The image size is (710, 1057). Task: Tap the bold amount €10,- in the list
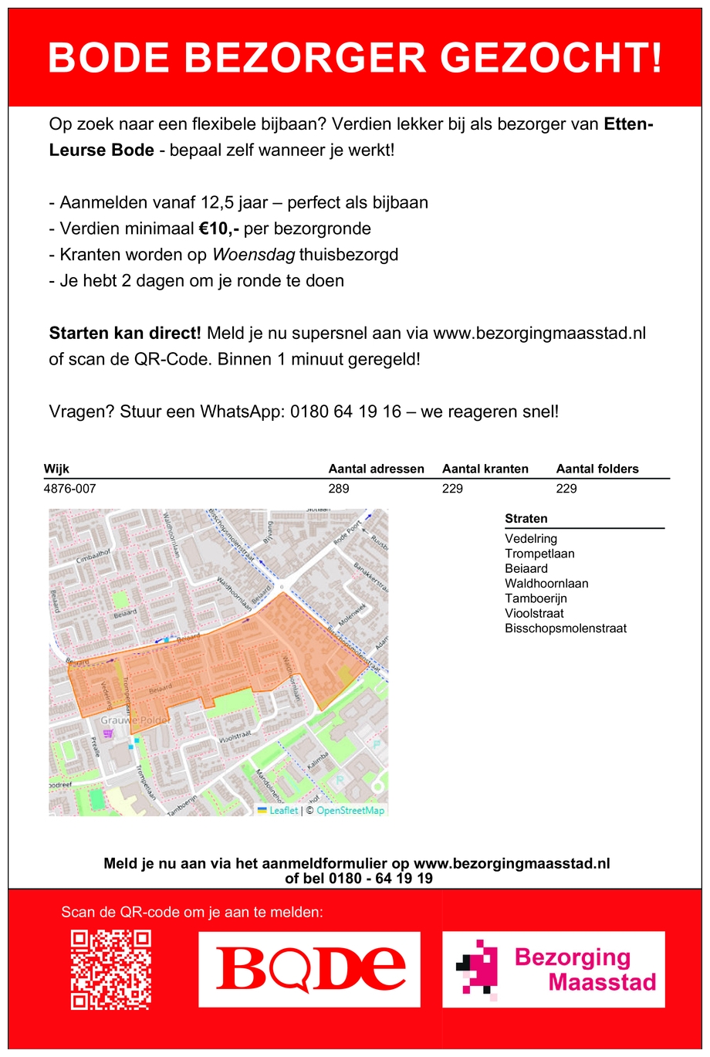coord(218,229)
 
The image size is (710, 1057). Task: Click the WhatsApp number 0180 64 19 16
coord(346,412)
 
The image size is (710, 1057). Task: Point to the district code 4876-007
coord(70,489)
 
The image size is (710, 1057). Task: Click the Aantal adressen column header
coord(376,469)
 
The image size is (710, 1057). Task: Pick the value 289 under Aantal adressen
coord(339,489)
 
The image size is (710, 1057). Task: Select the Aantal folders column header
coord(597,469)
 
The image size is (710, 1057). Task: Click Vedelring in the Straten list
coord(531,539)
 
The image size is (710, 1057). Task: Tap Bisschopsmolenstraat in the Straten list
coord(566,628)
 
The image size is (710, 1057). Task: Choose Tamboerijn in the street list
coord(536,598)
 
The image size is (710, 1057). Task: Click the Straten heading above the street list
coord(526,519)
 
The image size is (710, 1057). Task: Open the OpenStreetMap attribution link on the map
coord(350,811)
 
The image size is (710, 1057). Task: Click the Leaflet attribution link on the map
coord(283,811)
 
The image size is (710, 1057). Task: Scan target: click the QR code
coord(111,970)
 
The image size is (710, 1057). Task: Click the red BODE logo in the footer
coord(309,969)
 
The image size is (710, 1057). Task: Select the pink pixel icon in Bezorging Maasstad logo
coord(476,967)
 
